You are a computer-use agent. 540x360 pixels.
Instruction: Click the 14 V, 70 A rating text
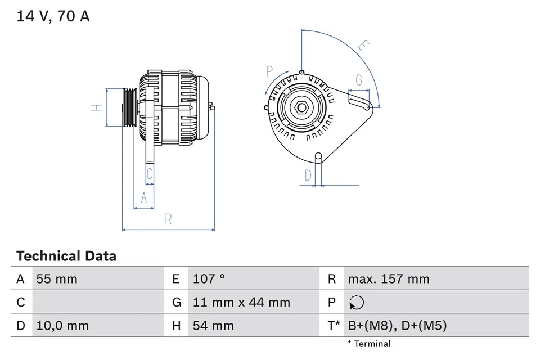point(53,16)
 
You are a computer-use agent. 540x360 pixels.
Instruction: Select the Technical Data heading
point(66,256)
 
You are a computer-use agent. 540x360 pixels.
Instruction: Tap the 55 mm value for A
point(56,279)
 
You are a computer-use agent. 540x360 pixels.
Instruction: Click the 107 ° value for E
point(209,279)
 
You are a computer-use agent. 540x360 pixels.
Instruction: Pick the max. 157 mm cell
point(388,279)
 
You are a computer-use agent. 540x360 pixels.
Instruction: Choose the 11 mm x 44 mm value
point(241,303)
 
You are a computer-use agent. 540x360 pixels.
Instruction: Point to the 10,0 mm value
point(62,326)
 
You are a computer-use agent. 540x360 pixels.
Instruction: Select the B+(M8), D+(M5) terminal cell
point(397,326)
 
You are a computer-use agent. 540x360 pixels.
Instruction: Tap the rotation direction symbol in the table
point(356,303)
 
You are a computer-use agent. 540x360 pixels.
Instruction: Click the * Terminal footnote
point(368,344)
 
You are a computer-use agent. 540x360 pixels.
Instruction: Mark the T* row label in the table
point(333,326)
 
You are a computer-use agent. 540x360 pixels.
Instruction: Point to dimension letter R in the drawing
point(168,220)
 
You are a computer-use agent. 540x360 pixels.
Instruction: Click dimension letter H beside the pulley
point(97,107)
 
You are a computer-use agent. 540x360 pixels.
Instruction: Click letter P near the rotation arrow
point(269,71)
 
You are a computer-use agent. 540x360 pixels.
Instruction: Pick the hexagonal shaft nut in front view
point(301,107)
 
